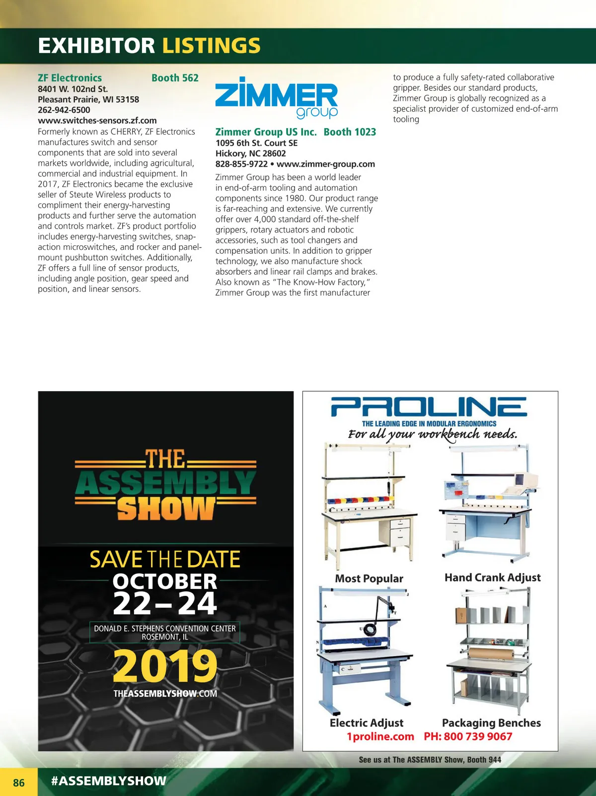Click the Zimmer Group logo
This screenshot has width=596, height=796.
(276, 98)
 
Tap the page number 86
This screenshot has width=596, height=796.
(19, 783)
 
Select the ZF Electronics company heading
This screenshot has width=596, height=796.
(70, 78)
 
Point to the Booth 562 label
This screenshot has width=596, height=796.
(175, 78)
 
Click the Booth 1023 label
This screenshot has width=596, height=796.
(350, 132)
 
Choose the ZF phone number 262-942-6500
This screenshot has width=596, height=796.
(64, 110)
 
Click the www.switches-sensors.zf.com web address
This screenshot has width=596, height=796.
(97, 120)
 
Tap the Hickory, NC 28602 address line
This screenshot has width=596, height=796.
(250, 153)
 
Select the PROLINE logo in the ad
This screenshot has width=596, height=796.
(429, 407)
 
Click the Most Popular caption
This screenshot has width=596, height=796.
(369, 579)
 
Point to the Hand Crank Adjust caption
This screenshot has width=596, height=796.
(492, 578)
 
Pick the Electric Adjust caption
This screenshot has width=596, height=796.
(367, 723)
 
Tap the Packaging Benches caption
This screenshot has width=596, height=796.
(491, 723)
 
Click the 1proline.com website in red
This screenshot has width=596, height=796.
(380, 736)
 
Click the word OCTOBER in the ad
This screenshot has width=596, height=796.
(165, 581)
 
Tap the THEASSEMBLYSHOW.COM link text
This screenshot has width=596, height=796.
(165, 694)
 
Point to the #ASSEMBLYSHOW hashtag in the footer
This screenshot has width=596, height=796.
(109, 781)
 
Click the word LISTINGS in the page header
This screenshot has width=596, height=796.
(211, 46)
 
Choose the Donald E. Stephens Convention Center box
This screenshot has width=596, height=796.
(165, 632)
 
